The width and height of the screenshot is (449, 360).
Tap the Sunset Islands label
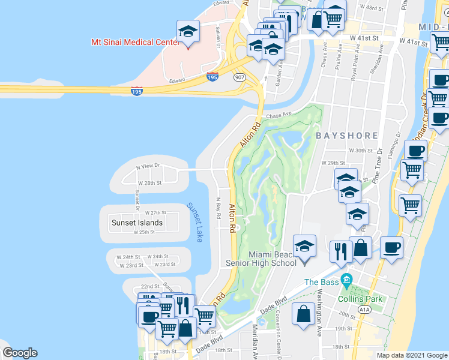pos(137,223)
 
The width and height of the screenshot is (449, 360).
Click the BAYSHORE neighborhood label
pos(347,136)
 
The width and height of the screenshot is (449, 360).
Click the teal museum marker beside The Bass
pos(346,280)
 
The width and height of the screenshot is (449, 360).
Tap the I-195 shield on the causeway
pos(137,91)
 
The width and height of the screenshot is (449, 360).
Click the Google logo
pos(20,353)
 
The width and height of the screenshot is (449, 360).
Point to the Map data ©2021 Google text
pos(412,355)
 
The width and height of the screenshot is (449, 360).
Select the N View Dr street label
pos(148,166)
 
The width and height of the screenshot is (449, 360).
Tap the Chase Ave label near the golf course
pos(278,114)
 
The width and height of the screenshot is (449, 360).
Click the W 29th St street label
pos(334,163)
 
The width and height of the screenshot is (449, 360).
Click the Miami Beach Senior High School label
pos(260,259)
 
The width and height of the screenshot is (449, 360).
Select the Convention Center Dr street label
pos(279,339)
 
